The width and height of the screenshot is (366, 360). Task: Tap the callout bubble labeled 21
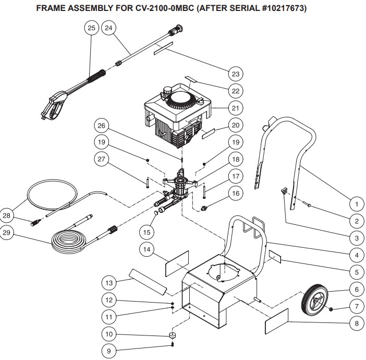236,108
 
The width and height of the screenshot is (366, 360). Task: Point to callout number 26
102,125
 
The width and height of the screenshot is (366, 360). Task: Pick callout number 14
148,249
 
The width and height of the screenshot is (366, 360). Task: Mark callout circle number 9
108,350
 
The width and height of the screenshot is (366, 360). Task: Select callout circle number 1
356,203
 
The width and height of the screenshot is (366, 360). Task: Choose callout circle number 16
236,193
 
